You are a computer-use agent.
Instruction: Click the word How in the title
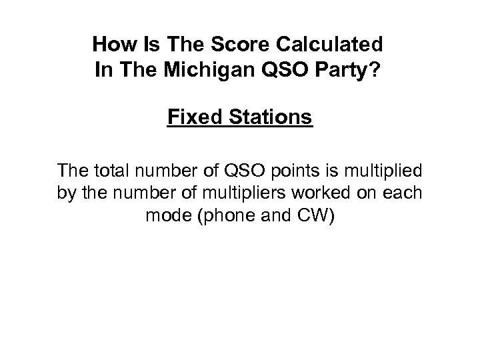[x=109, y=45]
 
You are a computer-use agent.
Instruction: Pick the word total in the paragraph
[x=113, y=173]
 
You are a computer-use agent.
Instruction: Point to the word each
[x=404, y=195]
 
